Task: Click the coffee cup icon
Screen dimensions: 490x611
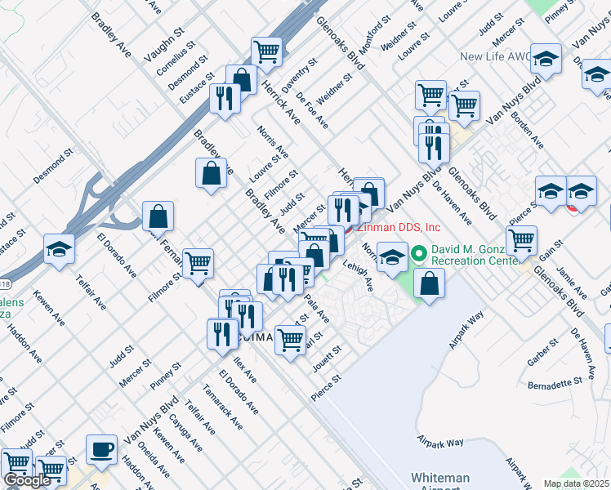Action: coord(102,449)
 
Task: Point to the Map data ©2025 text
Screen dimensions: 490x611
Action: coord(576,483)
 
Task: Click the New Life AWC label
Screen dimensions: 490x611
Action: coord(495,57)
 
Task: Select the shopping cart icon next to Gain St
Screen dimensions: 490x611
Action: coord(521,239)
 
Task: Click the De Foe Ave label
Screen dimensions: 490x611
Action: coord(312,112)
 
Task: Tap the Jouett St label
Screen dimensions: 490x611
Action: coord(327,359)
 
